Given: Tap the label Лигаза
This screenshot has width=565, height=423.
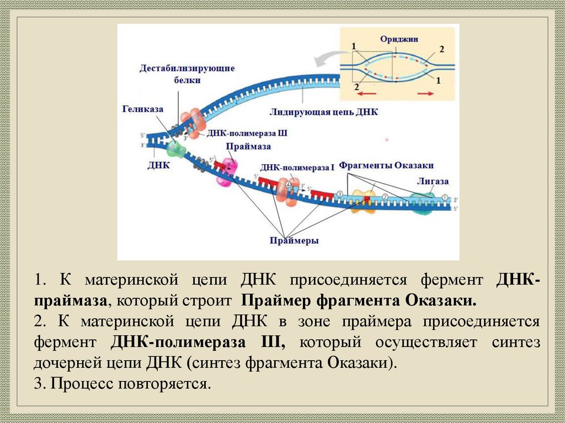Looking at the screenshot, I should click(433, 181).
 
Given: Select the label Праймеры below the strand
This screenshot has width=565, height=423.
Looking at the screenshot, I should click(295, 240).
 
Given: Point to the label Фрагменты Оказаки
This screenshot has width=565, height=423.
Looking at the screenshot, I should click(386, 165).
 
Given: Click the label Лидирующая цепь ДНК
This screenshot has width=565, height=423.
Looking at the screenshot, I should click(324, 113).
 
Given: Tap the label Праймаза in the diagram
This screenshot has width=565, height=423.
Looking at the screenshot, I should click(241, 147).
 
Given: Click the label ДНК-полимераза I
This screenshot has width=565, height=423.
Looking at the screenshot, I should click(297, 167).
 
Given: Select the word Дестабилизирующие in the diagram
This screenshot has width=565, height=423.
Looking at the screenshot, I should click(187, 68).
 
